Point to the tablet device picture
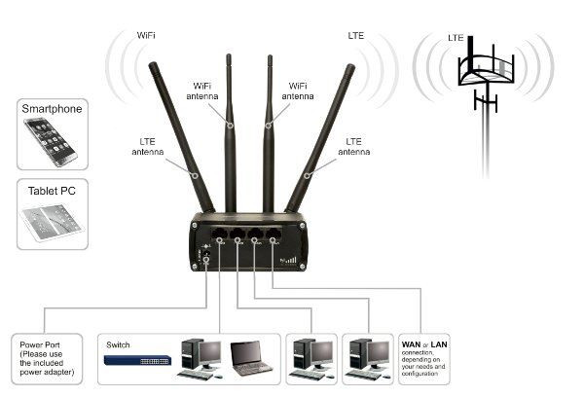click(x=50, y=223)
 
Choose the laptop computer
click(x=251, y=358)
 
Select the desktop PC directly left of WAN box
click(x=368, y=357)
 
